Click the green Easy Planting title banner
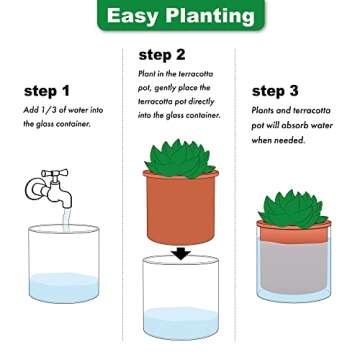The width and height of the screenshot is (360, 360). (x=180, y=17)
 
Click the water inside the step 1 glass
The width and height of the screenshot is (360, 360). (x=64, y=288)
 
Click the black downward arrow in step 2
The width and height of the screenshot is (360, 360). (x=180, y=253)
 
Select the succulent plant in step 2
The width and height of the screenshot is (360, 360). (x=180, y=159)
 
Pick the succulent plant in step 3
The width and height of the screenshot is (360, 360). (x=293, y=207)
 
